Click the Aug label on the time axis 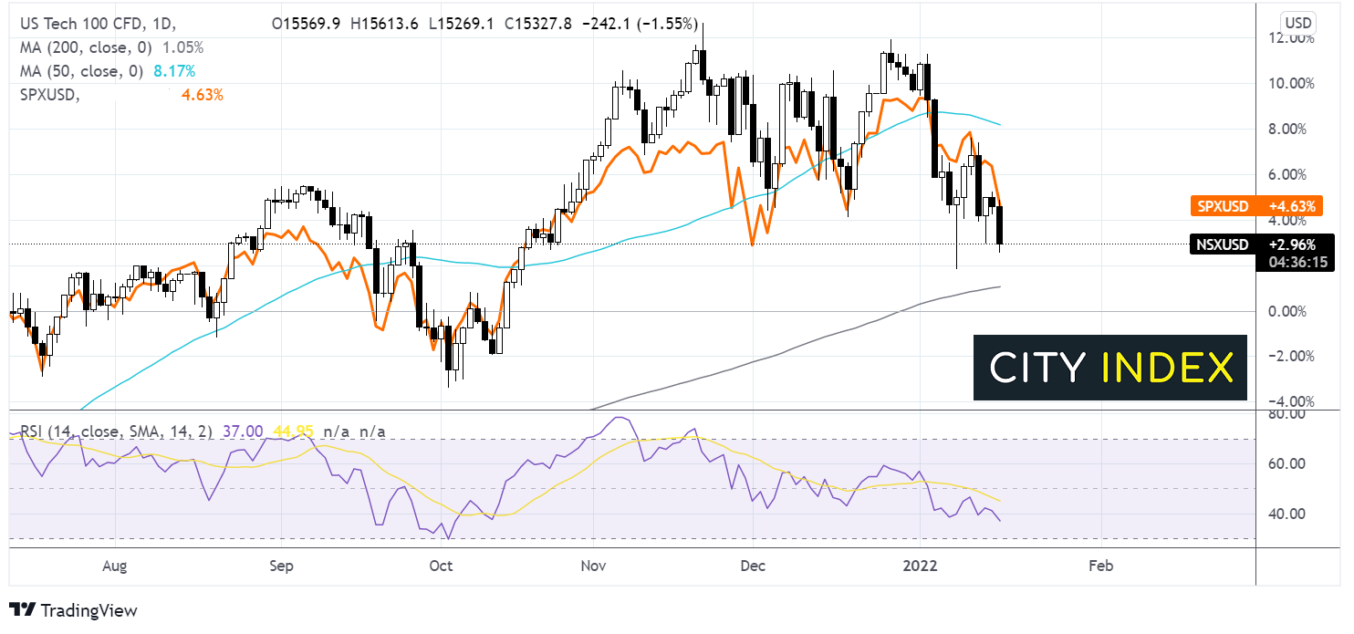click(114, 566)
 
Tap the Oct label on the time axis click(441, 566)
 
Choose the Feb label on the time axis click(1101, 566)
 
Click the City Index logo click(1109, 368)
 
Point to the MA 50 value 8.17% click(177, 70)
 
